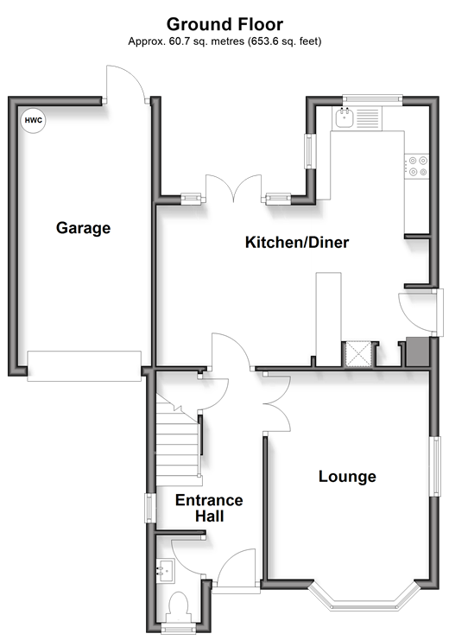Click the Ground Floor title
click(x=224, y=24)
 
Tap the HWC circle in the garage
click(x=34, y=120)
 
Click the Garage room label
click(x=83, y=228)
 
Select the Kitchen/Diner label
click(x=297, y=242)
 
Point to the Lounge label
click(x=347, y=476)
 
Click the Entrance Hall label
click(x=209, y=508)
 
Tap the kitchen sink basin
click(x=345, y=118)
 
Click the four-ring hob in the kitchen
click(x=417, y=166)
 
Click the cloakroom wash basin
click(x=166, y=571)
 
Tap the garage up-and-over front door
click(x=84, y=366)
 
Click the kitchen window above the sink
click(x=372, y=98)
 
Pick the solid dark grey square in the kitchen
click(x=417, y=352)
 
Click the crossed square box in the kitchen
click(x=358, y=353)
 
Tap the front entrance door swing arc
click(x=237, y=567)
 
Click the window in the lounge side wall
click(x=437, y=466)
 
